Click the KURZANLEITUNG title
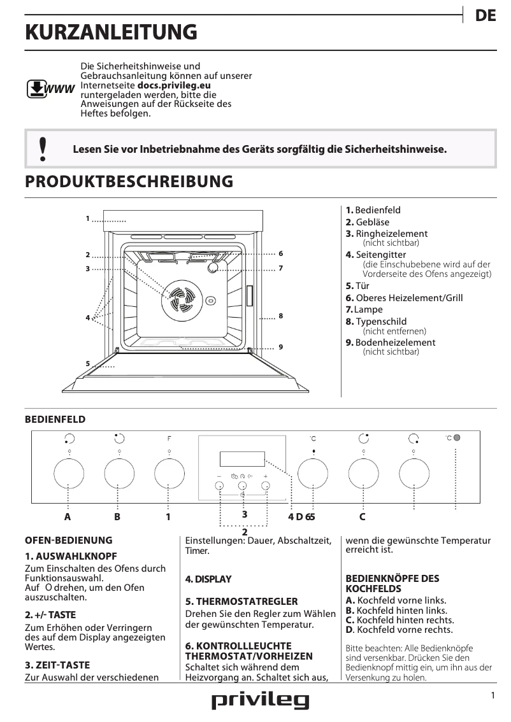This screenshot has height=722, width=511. click(x=111, y=32)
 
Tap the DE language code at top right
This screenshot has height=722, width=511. click(x=486, y=17)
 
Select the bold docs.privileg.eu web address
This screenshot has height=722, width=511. click(x=174, y=85)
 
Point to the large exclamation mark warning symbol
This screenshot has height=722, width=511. click(x=42, y=148)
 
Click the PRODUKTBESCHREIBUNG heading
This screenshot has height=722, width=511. click(x=129, y=181)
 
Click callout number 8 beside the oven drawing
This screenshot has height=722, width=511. click(x=280, y=316)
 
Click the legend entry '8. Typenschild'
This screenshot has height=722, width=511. click(x=376, y=322)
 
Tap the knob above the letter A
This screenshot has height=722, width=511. click(x=69, y=473)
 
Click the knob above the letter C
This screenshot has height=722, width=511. click(x=363, y=473)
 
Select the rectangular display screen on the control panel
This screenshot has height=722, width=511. click(x=241, y=459)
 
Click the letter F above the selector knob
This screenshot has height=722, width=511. click(x=169, y=438)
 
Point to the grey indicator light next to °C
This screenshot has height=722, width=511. click(x=457, y=438)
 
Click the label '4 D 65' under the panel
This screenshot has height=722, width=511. click(x=301, y=517)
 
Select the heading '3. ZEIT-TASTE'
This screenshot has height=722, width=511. click(x=57, y=665)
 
